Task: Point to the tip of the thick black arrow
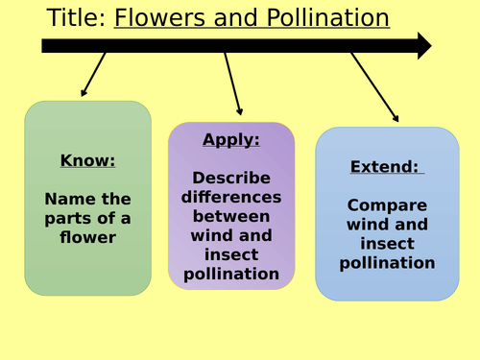(x=429, y=45)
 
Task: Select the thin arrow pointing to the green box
(x=94, y=74)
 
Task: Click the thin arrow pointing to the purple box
(x=233, y=84)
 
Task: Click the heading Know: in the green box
(x=87, y=160)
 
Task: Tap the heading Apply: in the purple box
(x=231, y=139)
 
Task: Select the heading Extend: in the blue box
(x=385, y=167)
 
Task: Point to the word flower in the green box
(x=87, y=237)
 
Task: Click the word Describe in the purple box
(x=231, y=178)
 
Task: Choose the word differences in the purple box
(x=231, y=197)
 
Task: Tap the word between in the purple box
(x=231, y=216)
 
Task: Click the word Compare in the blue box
(x=387, y=204)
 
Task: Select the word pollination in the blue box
(x=387, y=262)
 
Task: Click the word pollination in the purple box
(x=231, y=275)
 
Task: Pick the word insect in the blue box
(x=387, y=243)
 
